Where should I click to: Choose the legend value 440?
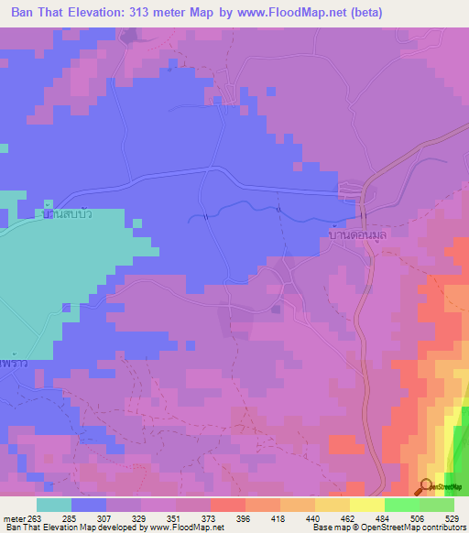pos(314,517)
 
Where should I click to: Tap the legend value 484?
pos(384,517)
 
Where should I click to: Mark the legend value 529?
pos(453,517)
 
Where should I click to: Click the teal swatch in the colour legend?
pos(53,505)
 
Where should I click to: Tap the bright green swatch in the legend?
pos(401,505)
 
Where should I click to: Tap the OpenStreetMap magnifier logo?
pos(427,486)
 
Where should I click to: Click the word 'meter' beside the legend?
pos(14,517)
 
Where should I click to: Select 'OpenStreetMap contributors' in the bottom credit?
pos(407,528)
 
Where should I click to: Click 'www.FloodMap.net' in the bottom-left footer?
pos(187,528)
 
